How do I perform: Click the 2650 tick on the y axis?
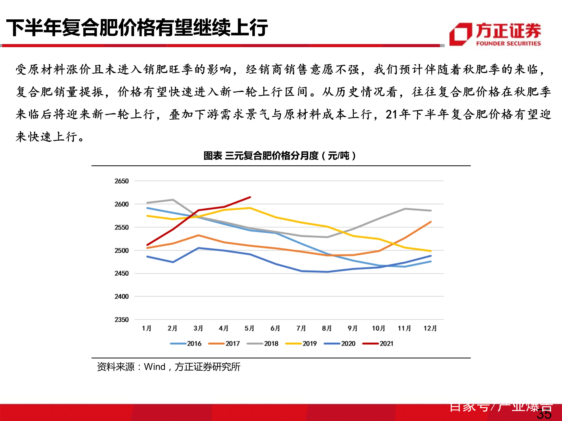click(121, 181)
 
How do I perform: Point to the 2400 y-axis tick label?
click(121, 296)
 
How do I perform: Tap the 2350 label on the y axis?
click(121, 320)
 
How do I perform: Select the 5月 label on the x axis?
click(249, 328)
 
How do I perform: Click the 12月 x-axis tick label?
click(430, 328)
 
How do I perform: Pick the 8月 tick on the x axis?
click(327, 328)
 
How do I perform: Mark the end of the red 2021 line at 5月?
click(250, 197)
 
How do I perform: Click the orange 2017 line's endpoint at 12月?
click(431, 222)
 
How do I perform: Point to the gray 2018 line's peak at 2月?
click(173, 200)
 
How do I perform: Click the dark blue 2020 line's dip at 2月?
click(173, 262)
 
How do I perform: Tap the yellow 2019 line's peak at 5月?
click(250, 208)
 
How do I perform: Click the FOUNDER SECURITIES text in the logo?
click(508, 44)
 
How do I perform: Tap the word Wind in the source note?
click(155, 367)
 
